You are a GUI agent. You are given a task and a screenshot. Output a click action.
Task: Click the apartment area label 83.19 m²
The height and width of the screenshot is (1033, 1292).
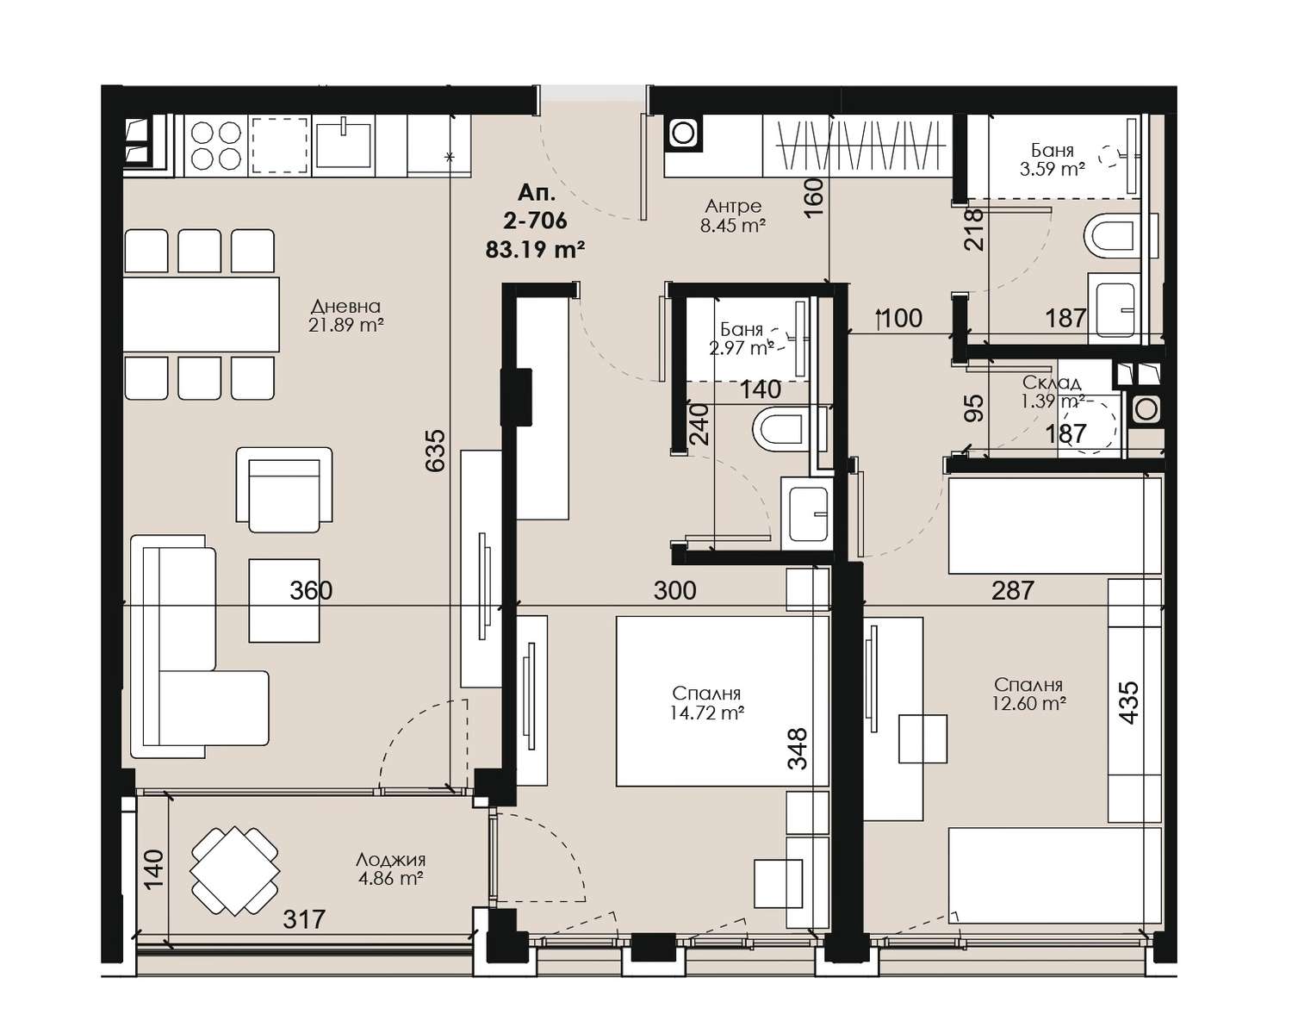click(x=535, y=249)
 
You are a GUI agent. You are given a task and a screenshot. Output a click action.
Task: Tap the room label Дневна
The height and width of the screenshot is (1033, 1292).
click(x=345, y=307)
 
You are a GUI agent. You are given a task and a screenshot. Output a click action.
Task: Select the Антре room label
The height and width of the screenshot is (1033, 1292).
click(x=733, y=206)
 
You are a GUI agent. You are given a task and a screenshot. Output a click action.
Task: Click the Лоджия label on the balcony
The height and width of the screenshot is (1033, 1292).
click(x=390, y=860)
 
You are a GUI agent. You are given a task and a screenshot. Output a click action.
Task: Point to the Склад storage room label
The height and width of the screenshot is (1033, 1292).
click(x=1052, y=382)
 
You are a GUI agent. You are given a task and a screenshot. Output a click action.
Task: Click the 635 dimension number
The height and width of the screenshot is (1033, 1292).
click(x=436, y=450)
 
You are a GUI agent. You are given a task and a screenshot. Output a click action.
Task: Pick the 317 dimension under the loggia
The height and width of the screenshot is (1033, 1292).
click(x=304, y=919)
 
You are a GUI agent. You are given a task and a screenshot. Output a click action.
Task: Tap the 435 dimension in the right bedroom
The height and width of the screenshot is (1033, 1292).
click(x=1128, y=703)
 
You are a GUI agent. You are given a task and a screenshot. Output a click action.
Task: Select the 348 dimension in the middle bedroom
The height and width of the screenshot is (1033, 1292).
click(x=798, y=749)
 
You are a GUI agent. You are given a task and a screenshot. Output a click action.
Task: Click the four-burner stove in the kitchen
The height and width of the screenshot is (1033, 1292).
click(x=216, y=146)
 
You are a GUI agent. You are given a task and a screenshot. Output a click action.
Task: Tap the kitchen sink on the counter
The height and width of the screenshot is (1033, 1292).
click(x=343, y=144)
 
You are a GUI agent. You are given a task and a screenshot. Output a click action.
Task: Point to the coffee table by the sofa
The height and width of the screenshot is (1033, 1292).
click(x=284, y=601)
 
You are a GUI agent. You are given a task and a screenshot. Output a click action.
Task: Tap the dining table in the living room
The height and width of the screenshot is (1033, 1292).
click(x=202, y=314)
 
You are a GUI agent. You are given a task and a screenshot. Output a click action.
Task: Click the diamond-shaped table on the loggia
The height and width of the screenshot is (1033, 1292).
click(x=235, y=871)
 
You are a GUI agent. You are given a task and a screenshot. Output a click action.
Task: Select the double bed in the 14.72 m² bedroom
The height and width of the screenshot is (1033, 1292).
click(x=723, y=701)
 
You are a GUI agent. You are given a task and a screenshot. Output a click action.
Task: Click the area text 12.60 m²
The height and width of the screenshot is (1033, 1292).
click(x=1029, y=703)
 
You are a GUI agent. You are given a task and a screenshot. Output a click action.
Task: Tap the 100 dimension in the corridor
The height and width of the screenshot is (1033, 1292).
click(x=901, y=319)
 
